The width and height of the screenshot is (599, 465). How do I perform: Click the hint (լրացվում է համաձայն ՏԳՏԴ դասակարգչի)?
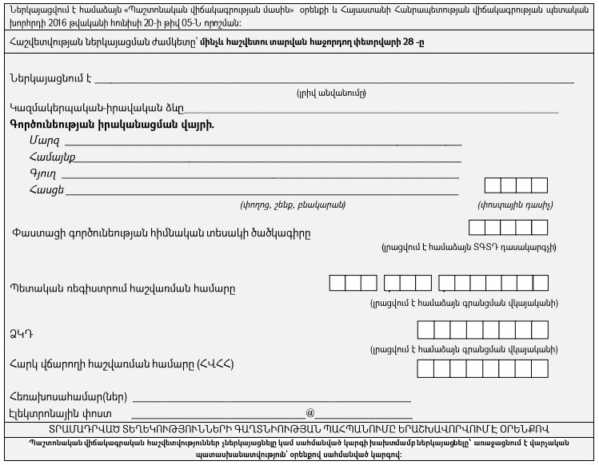[x=469, y=248]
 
